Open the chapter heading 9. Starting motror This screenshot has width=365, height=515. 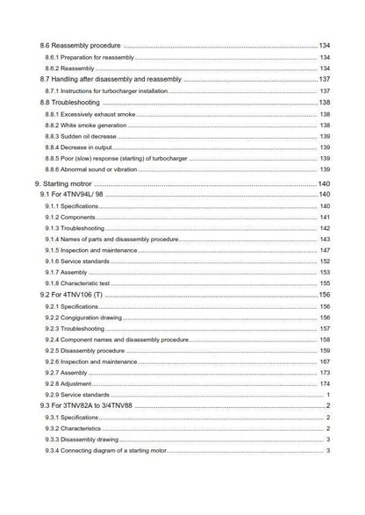point(68,182)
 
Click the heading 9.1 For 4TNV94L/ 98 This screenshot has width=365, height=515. point(75,194)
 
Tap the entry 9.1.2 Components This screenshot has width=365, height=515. point(73,217)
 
